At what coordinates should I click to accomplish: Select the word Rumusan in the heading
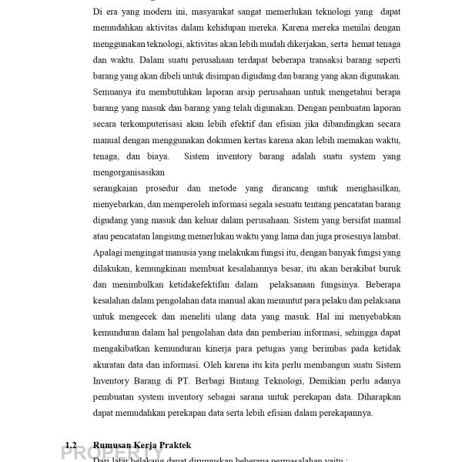114,445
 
